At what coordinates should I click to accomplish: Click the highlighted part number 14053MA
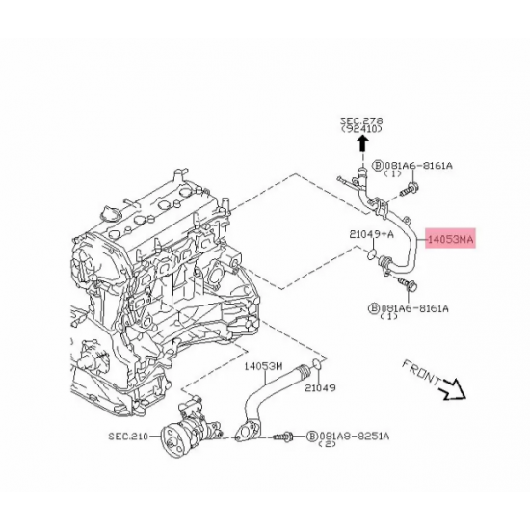point(452,236)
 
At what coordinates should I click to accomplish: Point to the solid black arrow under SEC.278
point(362,144)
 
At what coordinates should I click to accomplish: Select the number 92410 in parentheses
point(361,129)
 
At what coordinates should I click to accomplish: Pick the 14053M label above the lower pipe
point(261,366)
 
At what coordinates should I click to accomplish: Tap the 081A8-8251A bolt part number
point(354,437)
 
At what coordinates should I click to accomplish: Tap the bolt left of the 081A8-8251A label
point(285,437)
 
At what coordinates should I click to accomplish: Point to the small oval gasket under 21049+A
point(368,254)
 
